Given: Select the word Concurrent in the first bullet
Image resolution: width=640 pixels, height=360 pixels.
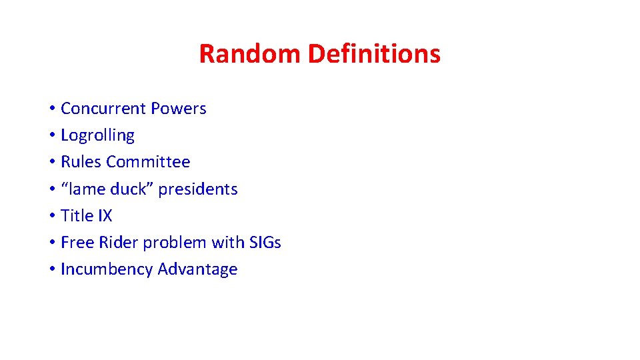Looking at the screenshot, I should click(x=103, y=109).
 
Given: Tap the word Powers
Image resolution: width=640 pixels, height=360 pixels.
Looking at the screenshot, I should click(x=179, y=109).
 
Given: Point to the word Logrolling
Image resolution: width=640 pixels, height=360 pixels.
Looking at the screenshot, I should click(x=97, y=135).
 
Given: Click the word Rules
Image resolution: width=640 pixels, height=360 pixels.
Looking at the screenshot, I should click(x=81, y=162).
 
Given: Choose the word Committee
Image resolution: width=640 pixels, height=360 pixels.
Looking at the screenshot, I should click(x=148, y=162).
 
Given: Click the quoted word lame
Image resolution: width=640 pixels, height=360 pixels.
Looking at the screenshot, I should click(x=83, y=189).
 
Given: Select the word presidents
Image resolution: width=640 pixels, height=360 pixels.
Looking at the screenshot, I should click(x=198, y=189).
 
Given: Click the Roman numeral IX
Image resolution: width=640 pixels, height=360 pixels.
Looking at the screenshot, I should click(x=105, y=216).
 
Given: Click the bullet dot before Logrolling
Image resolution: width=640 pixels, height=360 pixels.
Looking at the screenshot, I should click(x=51, y=136).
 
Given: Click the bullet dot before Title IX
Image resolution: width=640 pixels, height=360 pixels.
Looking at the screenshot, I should click(x=51, y=217).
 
